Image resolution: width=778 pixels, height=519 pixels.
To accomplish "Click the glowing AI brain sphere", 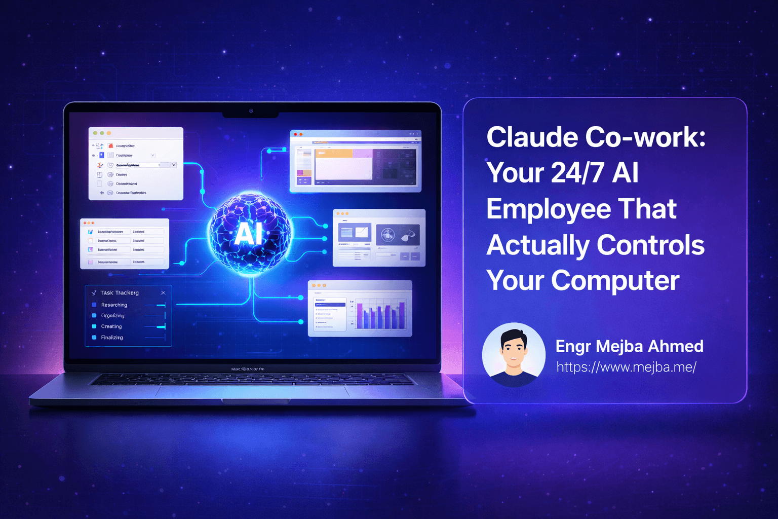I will pyautogui.click(x=249, y=233).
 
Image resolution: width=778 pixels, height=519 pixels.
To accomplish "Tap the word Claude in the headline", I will pyautogui.click(x=531, y=137).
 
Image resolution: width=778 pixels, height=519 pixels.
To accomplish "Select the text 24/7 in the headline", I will pyautogui.click(x=577, y=173).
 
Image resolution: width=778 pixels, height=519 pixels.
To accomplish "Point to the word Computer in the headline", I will pyautogui.click(x=615, y=280).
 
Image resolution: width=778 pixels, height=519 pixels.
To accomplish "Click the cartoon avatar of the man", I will pyautogui.click(x=514, y=354).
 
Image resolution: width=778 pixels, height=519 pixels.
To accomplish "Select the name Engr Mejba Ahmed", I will pyautogui.click(x=629, y=346).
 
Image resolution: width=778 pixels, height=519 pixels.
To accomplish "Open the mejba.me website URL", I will pyautogui.click(x=626, y=367).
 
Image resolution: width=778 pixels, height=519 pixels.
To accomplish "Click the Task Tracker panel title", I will pyautogui.click(x=120, y=293).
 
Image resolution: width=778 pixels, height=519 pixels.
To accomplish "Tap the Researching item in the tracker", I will pyautogui.click(x=114, y=305).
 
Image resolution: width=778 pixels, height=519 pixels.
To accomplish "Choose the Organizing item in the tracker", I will pyautogui.click(x=112, y=316).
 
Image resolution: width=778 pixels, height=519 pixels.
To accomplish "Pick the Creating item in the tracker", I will pyautogui.click(x=111, y=327).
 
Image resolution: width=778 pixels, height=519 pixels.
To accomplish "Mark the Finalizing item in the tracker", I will pyautogui.click(x=112, y=338).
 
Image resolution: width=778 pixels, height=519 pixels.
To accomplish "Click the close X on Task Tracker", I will pyautogui.click(x=163, y=293).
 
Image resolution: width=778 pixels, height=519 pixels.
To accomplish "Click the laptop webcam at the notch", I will pyautogui.click(x=251, y=111).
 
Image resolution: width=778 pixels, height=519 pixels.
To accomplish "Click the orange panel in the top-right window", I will pyautogui.click(x=333, y=153).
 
